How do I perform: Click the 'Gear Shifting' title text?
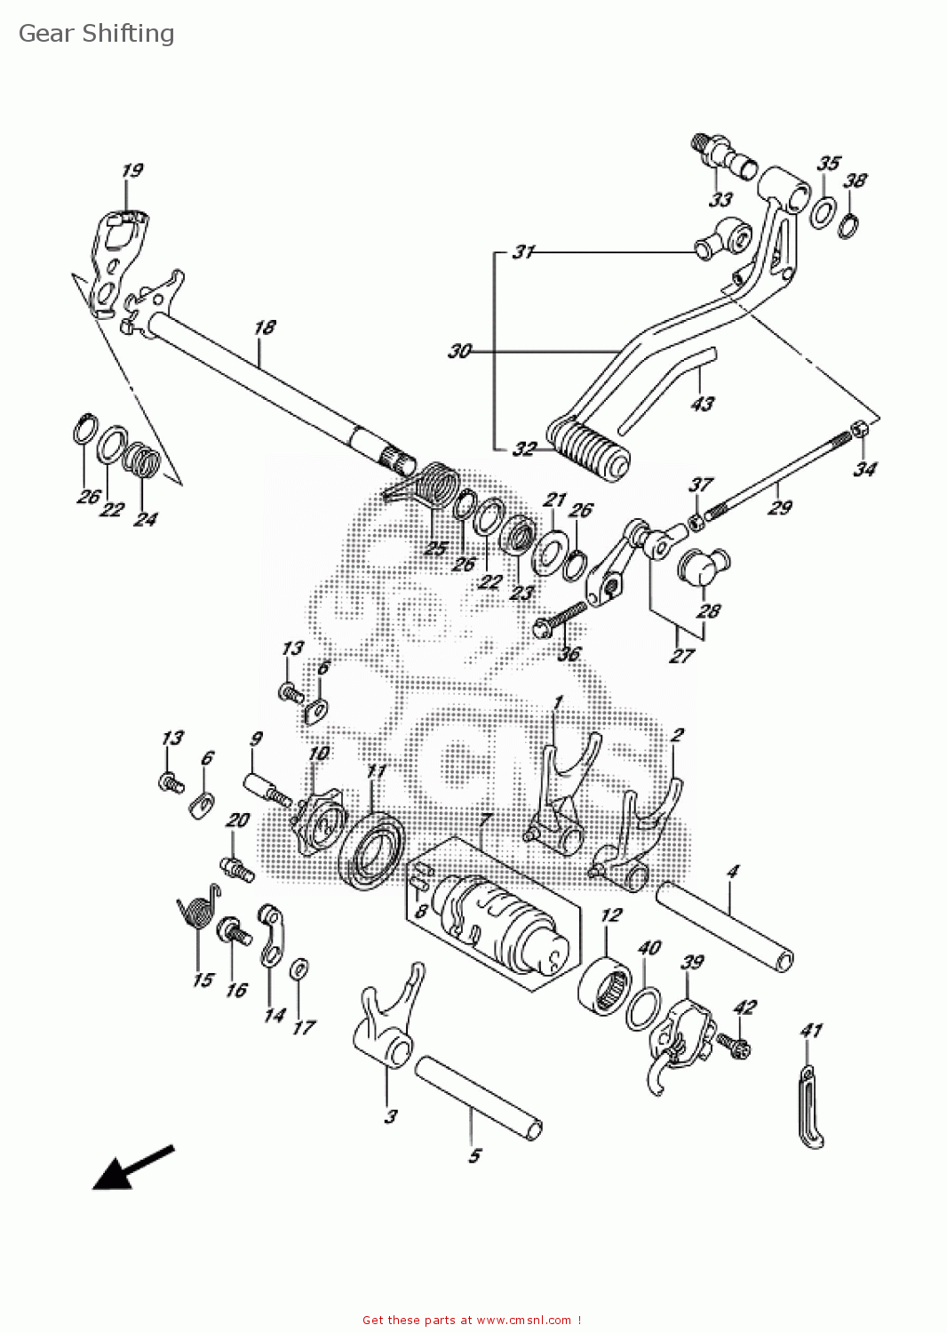[x=96, y=34]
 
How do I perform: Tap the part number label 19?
[x=132, y=170]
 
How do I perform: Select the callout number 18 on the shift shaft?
[x=265, y=327]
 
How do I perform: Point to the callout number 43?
[x=702, y=403]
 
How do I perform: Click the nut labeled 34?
[x=860, y=430]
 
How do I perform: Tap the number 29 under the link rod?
[x=779, y=507]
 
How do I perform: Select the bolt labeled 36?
[x=560, y=619]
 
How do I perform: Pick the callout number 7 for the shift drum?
[x=485, y=818]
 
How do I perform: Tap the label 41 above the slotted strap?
[x=811, y=1030]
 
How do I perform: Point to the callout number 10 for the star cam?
[x=318, y=754]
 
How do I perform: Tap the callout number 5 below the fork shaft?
[x=474, y=1155]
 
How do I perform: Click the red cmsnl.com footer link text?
[x=472, y=1321]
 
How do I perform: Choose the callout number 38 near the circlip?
[x=855, y=180]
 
